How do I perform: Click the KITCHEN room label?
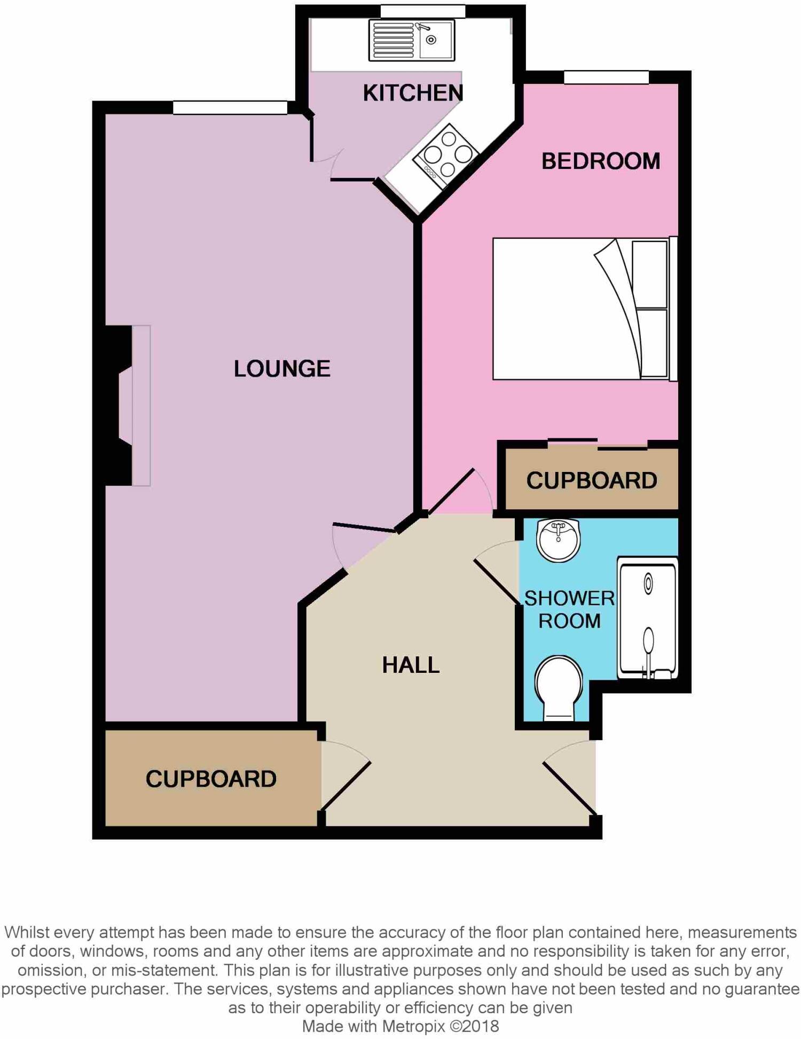413,93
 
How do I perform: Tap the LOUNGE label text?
282,369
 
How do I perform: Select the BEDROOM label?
601,161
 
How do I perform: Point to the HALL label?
411,665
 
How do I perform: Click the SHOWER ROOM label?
569,609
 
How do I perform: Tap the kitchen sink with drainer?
411,40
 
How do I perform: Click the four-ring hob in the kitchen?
445,155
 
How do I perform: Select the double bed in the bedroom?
582,309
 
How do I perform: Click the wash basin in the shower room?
559,540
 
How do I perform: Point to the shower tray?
647,618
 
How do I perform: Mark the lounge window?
230,107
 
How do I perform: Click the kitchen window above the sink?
422,11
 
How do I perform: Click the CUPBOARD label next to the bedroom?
592,480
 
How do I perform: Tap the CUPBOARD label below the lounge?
211,779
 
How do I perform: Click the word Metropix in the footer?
413,1026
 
